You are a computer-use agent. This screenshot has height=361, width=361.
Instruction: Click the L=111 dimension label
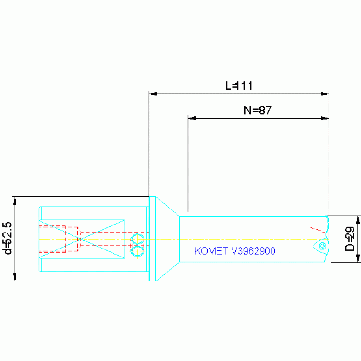tap(239, 86)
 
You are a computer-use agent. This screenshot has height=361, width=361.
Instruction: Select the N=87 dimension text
tap(257, 110)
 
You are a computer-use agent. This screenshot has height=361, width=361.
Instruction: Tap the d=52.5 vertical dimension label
tap(7, 238)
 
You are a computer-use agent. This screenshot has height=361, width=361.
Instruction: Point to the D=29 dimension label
tap(350, 239)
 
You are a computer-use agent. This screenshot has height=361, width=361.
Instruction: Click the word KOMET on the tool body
tap(211, 251)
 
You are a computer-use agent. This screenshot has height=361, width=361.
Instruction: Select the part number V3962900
tap(253, 251)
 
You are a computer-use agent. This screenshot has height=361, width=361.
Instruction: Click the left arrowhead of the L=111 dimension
tap(153, 94)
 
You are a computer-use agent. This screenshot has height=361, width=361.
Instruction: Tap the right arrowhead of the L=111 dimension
tap(325, 94)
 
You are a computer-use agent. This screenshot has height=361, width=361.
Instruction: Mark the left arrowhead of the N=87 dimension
tap(192, 118)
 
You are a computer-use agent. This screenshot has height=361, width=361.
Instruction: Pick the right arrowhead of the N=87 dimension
tap(325, 118)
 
